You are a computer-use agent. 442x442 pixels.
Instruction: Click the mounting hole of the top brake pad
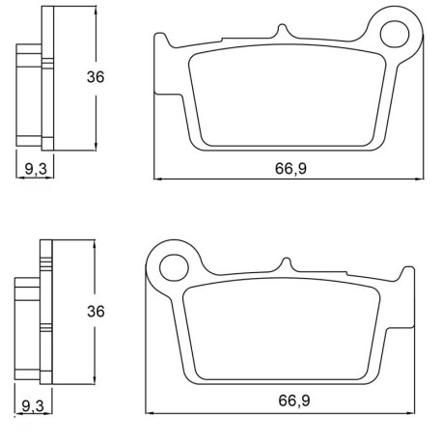point(395,34)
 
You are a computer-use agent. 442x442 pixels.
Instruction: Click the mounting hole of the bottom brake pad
point(174,267)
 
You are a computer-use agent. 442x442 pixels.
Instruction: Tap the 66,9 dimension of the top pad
point(290,169)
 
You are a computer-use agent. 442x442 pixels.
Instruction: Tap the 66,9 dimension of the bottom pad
point(294,401)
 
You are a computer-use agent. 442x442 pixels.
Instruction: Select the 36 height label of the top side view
point(96,77)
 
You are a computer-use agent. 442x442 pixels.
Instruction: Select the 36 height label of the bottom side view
point(96,312)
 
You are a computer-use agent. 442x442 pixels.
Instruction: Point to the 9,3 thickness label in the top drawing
point(36,169)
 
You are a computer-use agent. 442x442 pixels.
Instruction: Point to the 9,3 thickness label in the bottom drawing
point(33,406)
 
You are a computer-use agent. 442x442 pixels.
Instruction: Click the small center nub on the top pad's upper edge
point(282,30)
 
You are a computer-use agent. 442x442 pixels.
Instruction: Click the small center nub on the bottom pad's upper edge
point(286,264)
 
